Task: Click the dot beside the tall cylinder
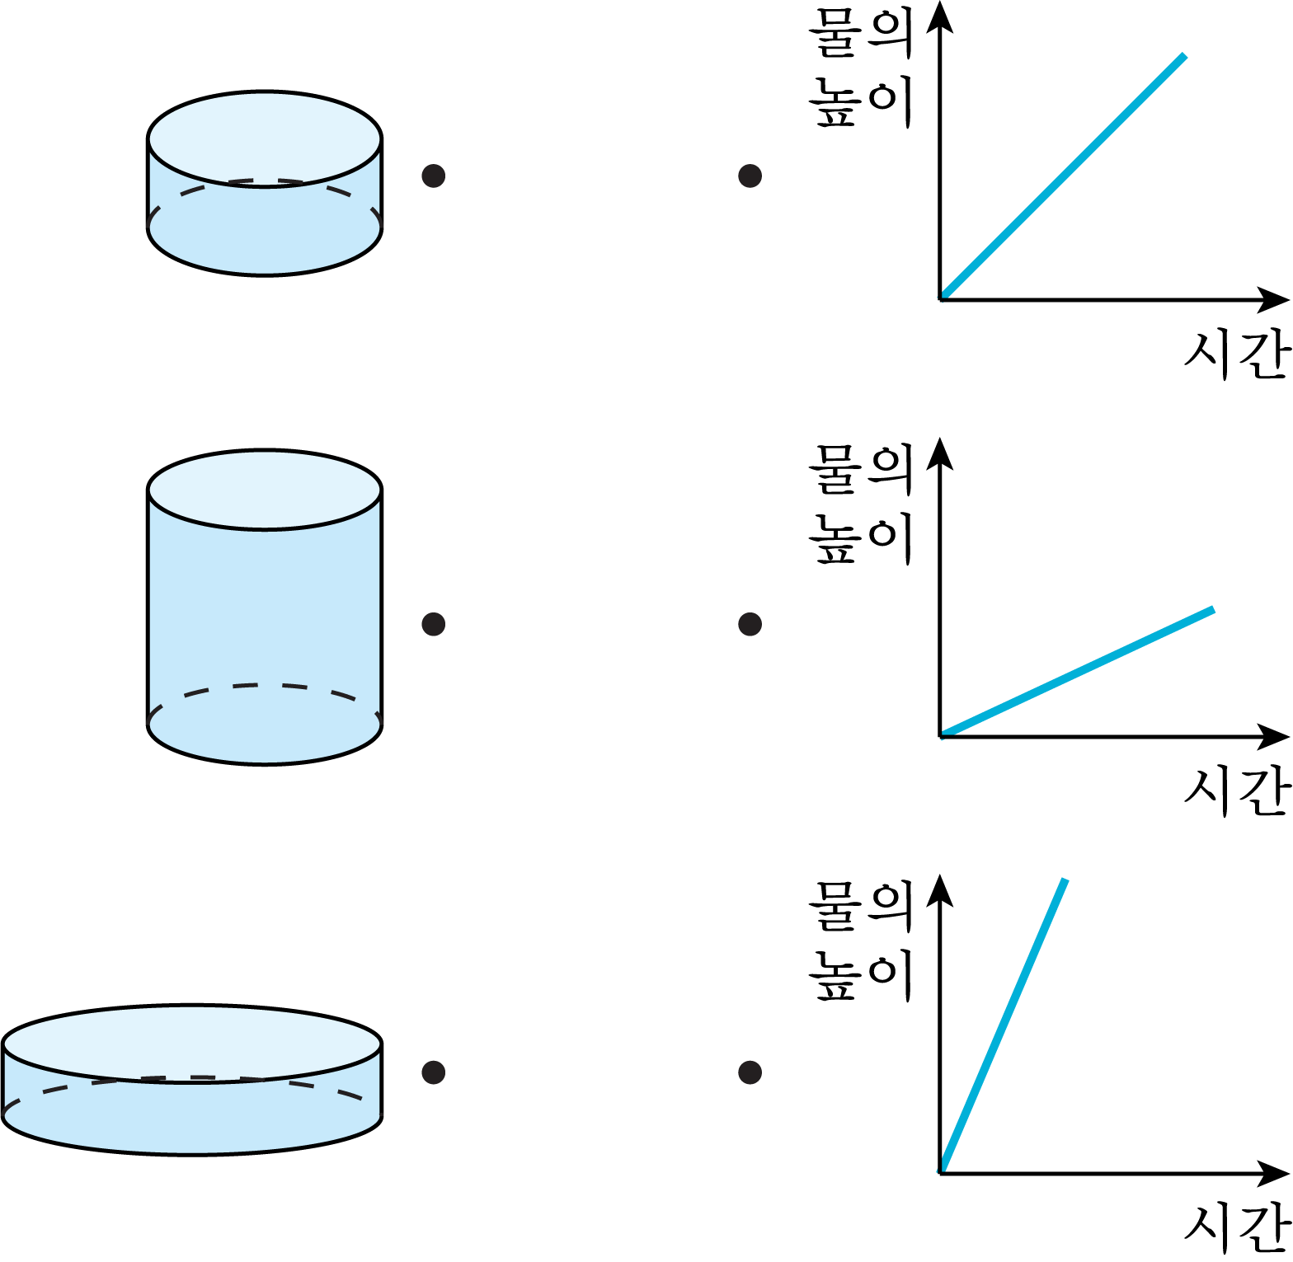pos(434,624)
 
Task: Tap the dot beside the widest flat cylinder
pos(434,1072)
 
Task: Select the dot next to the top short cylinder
pos(434,176)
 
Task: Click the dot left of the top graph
pos(750,176)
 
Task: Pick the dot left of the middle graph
pos(750,624)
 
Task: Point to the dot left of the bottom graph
pos(750,1072)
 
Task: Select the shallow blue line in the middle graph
pos(1077,672)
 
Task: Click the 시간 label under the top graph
pos(1237,354)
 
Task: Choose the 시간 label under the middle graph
pos(1237,791)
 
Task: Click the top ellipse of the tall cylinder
pos(265,490)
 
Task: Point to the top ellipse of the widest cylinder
pos(192,1044)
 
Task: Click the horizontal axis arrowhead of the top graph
pos(1275,299)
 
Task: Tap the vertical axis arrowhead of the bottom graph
pos(939,890)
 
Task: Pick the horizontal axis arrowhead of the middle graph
pos(1275,736)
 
